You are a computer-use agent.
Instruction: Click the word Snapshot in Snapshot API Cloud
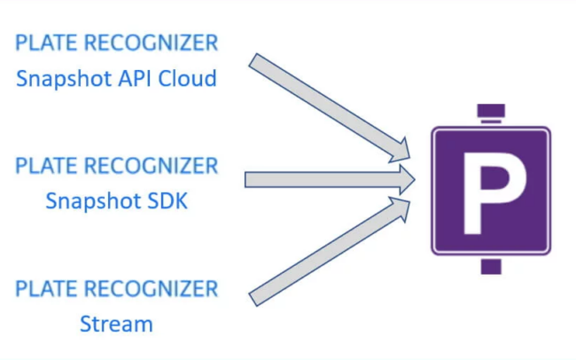coord(64,79)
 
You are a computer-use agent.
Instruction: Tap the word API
coord(135,78)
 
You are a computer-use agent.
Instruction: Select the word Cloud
coord(187,78)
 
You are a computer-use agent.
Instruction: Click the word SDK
coord(167,200)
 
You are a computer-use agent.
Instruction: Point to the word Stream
coord(116,324)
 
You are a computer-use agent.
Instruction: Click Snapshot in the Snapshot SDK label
coord(93,201)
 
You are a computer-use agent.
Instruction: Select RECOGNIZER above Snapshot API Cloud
coord(151,43)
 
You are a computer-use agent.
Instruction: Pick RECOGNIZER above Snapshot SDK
coord(151,166)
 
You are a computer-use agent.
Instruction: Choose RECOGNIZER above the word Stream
coord(151,289)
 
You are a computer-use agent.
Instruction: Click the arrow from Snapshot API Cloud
coord(329,107)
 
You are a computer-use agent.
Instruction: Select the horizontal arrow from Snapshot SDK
coord(330,180)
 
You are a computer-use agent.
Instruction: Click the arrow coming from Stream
coord(329,252)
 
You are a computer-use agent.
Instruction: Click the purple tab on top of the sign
coord(491,113)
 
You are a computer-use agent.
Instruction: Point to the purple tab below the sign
coord(491,267)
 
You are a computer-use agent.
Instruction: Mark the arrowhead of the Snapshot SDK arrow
coord(407,180)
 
